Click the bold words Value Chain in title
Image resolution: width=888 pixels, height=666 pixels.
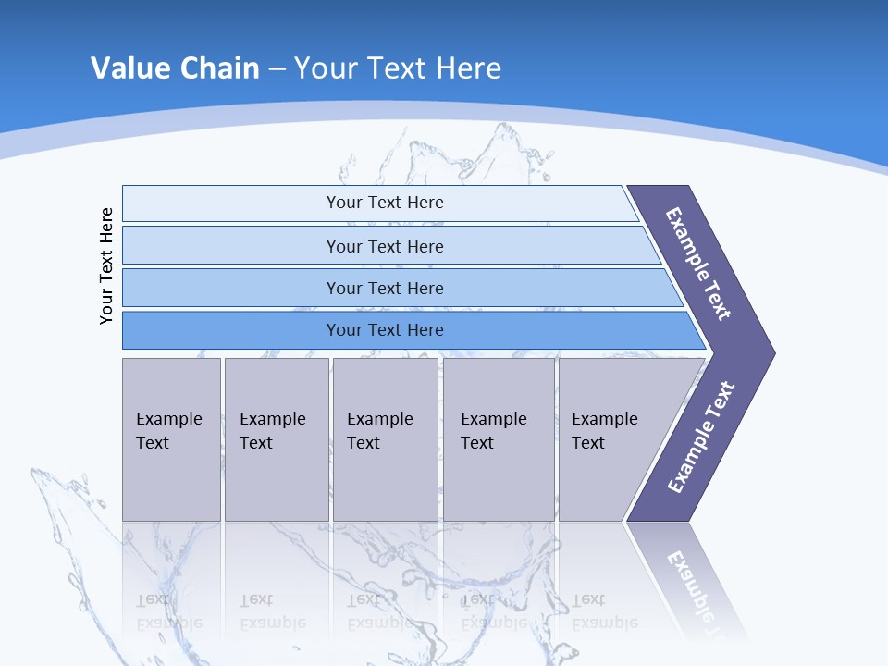click(x=175, y=68)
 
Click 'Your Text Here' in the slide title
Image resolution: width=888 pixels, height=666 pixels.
click(x=398, y=68)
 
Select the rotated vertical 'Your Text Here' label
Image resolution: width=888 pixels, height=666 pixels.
click(x=106, y=265)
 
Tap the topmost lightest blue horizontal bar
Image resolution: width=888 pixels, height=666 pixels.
click(x=231, y=203)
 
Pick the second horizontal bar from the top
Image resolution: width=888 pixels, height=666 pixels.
click(x=231, y=246)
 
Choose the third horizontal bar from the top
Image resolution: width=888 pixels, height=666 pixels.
click(x=231, y=288)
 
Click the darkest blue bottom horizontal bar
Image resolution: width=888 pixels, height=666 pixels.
click(x=231, y=330)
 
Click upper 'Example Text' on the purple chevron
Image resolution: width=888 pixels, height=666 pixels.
click(x=698, y=264)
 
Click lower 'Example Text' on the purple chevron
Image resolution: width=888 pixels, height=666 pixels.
click(x=701, y=438)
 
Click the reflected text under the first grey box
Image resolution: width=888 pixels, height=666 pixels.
click(x=168, y=611)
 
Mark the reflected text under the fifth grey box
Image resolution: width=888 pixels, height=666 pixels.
click(x=604, y=611)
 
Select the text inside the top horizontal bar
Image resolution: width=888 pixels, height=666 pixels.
click(x=385, y=203)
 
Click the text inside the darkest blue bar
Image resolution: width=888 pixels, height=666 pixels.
click(x=385, y=330)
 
